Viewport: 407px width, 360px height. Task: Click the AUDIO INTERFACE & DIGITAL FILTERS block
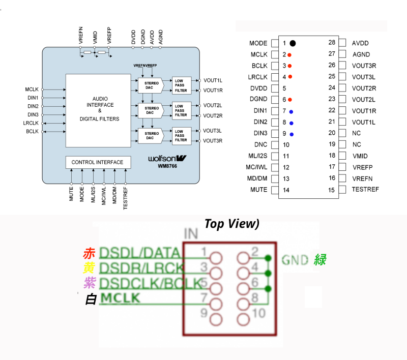[99, 109]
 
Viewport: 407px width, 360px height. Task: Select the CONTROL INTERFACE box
[97, 162]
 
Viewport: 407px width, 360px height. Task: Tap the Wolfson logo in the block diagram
[168, 158]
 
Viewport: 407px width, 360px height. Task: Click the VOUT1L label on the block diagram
[213, 80]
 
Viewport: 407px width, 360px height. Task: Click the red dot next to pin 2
[289, 54]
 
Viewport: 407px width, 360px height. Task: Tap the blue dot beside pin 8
[292, 123]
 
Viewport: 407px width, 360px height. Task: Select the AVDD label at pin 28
[360, 43]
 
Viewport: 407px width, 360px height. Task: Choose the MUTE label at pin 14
[259, 190]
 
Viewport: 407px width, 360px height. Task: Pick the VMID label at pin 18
[360, 156]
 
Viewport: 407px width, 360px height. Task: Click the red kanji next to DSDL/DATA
[89, 253]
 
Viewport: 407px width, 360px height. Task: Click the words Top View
[232, 224]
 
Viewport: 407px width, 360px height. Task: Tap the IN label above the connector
[191, 234]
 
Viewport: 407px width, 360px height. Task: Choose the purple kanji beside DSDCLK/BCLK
[90, 282]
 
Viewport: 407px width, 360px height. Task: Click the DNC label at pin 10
[260, 145]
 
